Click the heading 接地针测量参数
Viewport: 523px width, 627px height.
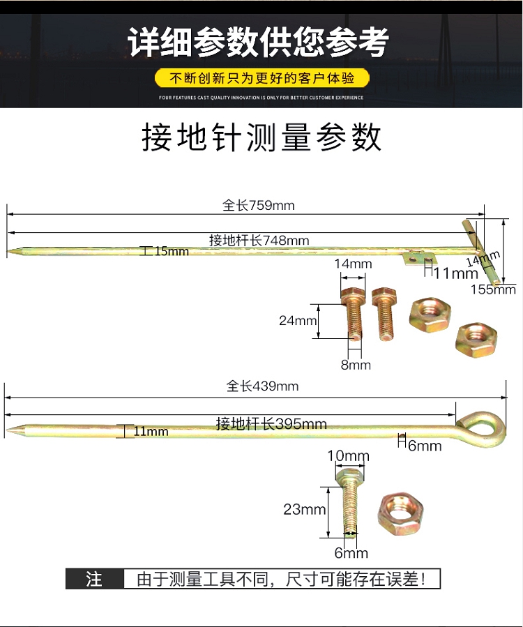(x=261, y=137)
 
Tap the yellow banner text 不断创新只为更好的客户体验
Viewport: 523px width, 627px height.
(x=261, y=77)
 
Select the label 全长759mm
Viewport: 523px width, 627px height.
(x=259, y=205)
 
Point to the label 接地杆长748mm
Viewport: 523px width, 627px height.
(x=259, y=240)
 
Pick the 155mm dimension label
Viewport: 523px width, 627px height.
(x=493, y=289)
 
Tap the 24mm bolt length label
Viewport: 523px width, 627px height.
(x=298, y=321)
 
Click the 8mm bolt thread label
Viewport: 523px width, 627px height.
(x=356, y=365)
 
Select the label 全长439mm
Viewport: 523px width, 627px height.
(x=262, y=386)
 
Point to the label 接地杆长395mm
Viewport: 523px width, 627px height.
(x=271, y=423)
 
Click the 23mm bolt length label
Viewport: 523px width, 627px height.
(x=304, y=509)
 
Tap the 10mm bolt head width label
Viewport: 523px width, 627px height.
(x=348, y=457)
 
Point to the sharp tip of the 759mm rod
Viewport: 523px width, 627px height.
(x=10, y=251)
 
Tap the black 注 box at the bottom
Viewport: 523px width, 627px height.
(x=94, y=579)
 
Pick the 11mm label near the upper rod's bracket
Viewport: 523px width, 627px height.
(x=450, y=272)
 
